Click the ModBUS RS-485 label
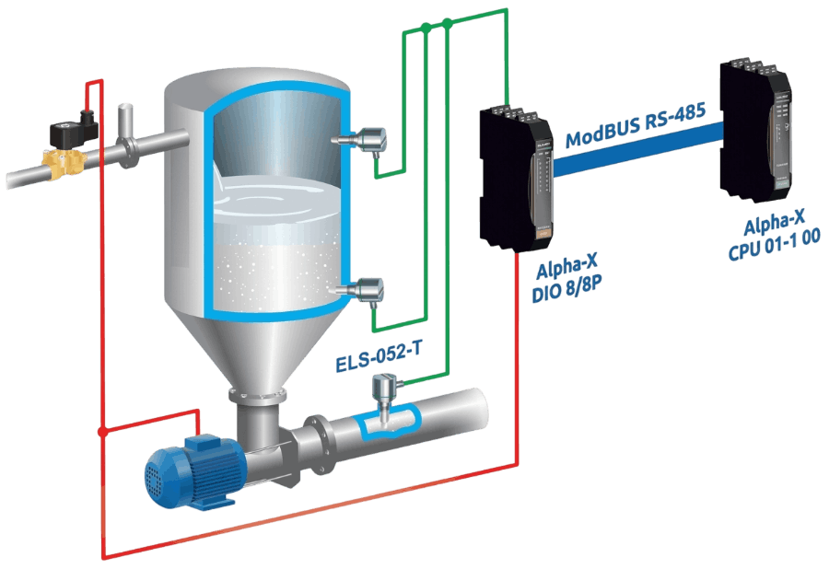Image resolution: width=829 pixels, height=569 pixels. click(636, 124)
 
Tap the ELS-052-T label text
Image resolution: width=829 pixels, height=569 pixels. click(379, 357)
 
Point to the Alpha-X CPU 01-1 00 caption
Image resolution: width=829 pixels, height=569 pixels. click(774, 235)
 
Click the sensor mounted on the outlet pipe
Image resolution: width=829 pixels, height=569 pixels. click(381, 398)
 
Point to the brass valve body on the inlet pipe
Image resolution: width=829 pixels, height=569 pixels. click(64, 161)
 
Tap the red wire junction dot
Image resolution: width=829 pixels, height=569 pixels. click(102, 432)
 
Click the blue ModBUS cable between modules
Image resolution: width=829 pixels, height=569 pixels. click(636, 150)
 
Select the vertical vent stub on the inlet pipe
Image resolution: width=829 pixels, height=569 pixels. click(126, 121)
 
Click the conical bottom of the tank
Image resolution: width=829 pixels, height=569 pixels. click(256, 349)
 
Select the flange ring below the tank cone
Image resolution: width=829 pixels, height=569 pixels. click(258, 396)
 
